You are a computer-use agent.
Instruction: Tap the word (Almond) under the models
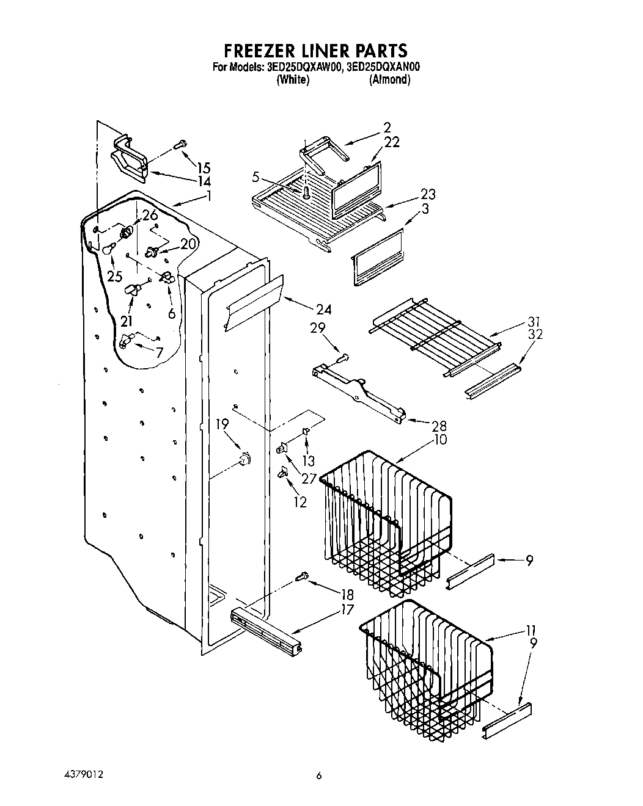[x=389, y=80]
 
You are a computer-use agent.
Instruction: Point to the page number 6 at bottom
[x=319, y=776]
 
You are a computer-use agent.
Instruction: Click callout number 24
[x=323, y=310]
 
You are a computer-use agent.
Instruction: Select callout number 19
[x=222, y=423]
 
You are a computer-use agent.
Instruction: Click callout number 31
[x=534, y=322]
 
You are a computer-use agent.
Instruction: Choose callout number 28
[x=439, y=426]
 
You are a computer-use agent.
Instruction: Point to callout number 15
[x=203, y=168]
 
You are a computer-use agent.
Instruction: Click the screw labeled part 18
[x=301, y=576]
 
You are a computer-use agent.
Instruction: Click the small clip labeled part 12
[x=284, y=471]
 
